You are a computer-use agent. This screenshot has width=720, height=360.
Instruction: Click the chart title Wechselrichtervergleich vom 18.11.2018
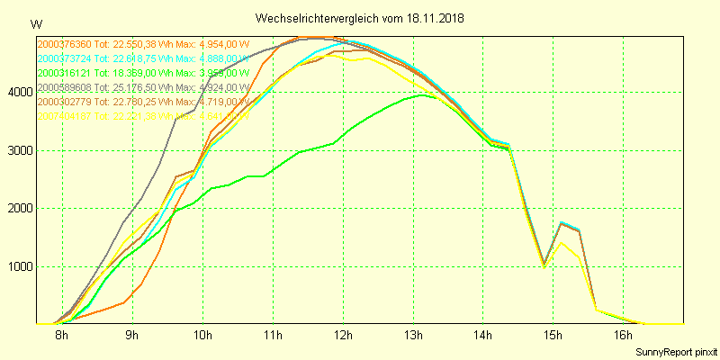pyautogui.click(x=360, y=18)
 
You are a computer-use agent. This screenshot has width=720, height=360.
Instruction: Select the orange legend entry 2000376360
pyautogui.click(x=142, y=43)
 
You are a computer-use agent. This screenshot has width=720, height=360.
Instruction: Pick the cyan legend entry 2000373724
pyautogui.click(x=142, y=58)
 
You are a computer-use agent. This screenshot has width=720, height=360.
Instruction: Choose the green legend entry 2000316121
pyautogui.click(x=142, y=73)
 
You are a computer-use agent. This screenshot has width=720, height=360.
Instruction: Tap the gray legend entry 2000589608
pyautogui.click(x=142, y=87)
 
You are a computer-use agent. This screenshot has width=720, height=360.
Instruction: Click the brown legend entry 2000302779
pyautogui.click(x=142, y=102)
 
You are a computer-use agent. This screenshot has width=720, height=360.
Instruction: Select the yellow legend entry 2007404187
pyautogui.click(x=142, y=116)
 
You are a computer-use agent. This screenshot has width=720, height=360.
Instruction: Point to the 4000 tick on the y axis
pyautogui.click(x=18, y=92)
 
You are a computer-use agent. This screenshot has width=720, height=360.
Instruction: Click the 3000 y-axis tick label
pyautogui.click(x=18, y=150)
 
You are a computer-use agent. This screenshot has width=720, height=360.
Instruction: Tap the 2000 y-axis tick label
pyautogui.click(x=18, y=209)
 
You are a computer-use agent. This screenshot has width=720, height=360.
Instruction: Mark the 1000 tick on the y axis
pyautogui.click(x=18, y=267)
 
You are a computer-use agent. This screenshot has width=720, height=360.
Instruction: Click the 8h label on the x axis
pyautogui.click(x=61, y=336)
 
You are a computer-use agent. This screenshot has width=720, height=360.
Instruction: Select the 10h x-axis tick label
pyautogui.click(x=202, y=336)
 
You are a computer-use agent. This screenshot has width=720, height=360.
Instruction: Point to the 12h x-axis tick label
pyautogui.click(x=343, y=336)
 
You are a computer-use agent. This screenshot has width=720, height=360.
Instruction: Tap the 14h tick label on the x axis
pyautogui.click(x=483, y=336)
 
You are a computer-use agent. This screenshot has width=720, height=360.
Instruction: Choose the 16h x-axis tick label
pyautogui.click(x=624, y=336)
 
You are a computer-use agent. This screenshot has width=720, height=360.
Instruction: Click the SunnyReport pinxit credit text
pyautogui.click(x=676, y=351)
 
